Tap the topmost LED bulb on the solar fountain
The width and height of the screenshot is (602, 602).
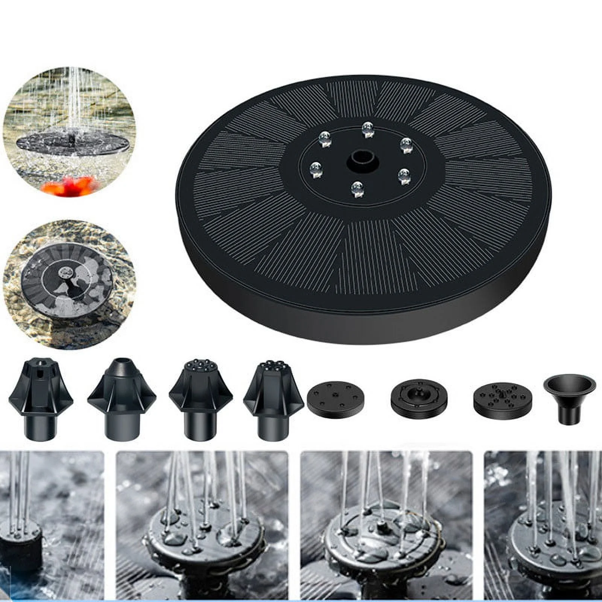tap(367, 129)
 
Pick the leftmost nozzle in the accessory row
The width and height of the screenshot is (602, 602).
tap(41, 399)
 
